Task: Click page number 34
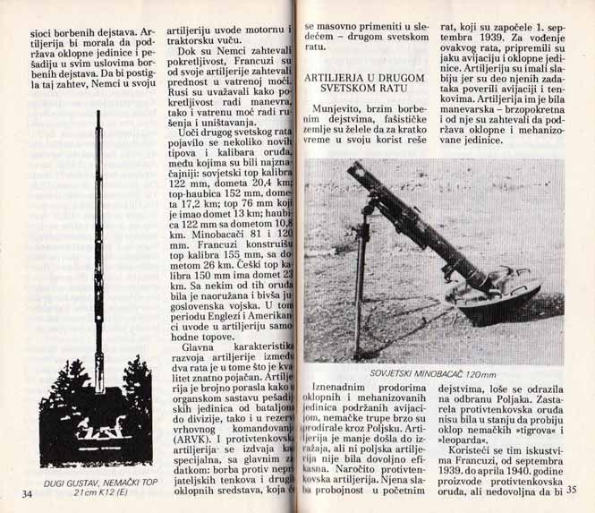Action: (x=26, y=493)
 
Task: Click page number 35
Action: (x=574, y=489)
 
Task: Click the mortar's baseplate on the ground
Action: (x=501, y=296)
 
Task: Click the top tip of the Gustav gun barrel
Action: (x=98, y=113)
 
